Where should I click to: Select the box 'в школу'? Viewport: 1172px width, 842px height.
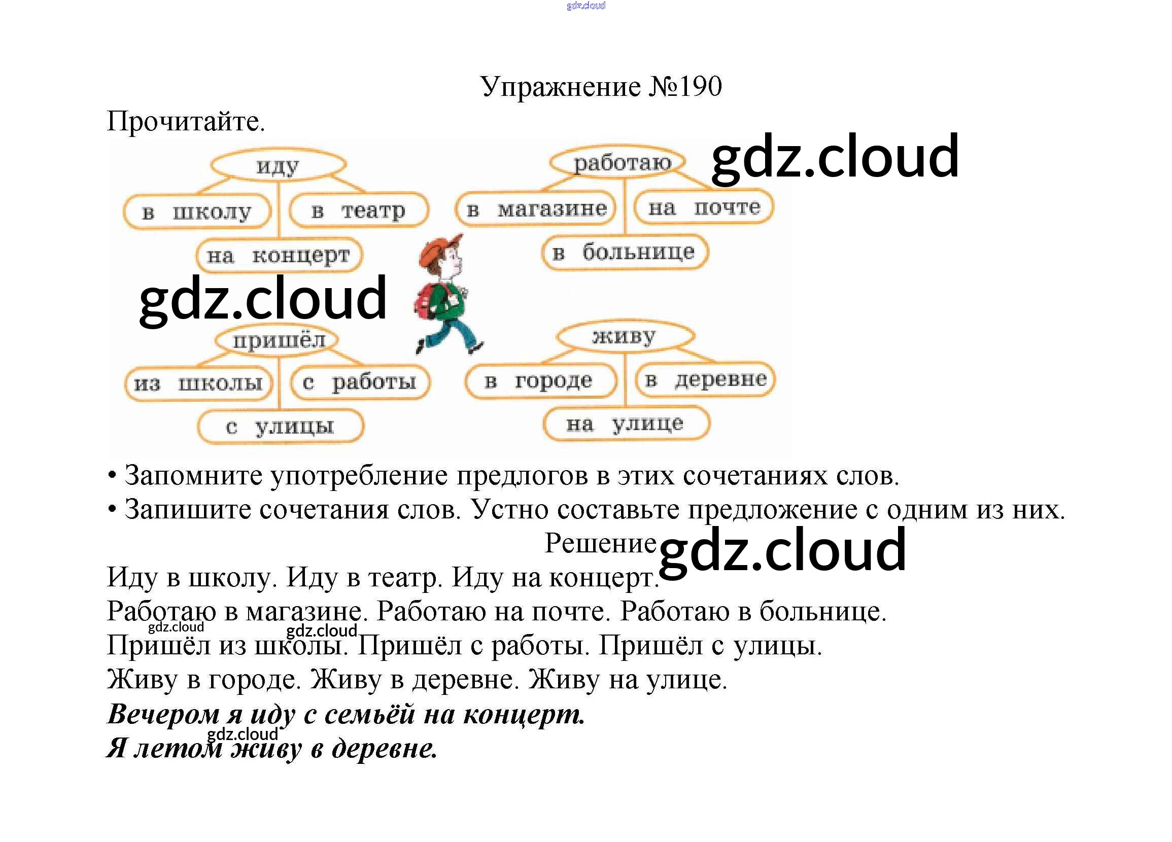click(197, 212)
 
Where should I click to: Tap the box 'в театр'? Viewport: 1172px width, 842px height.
click(359, 210)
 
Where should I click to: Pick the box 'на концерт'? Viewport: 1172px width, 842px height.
click(279, 255)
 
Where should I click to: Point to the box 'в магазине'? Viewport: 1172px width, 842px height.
click(535, 208)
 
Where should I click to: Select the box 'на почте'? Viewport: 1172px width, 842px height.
click(704, 207)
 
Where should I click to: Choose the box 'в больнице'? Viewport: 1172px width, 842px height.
click(625, 252)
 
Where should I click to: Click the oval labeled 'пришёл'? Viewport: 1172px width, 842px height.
click(278, 340)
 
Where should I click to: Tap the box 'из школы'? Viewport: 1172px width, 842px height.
click(198, 383)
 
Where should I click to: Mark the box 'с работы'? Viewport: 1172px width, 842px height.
click(360, 382)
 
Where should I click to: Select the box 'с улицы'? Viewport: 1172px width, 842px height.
click(280, 426)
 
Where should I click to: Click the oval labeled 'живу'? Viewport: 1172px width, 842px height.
click(624, 336)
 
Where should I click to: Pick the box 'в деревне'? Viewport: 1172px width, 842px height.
click(705, 379)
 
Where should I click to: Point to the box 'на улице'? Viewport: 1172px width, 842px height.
click(626, 424)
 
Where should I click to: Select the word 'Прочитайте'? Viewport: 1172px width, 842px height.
click(185, 122)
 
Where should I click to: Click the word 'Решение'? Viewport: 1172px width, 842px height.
click(600, 543)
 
